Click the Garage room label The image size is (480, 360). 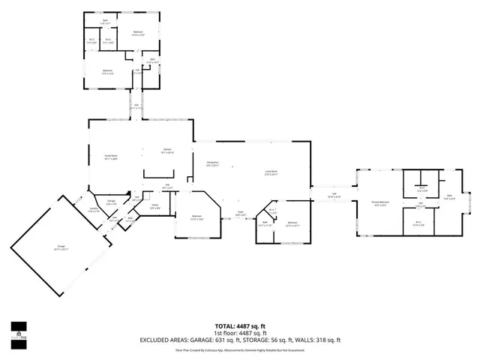[60, 248]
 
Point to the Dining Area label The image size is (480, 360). [212, 163]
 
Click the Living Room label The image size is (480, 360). [271, 173]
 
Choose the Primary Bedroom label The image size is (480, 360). [381, 203]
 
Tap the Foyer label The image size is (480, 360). [241, 213]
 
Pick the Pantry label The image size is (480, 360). [155, 205]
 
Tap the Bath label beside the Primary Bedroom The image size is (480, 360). [450, 196]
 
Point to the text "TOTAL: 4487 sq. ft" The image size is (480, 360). [240, 325]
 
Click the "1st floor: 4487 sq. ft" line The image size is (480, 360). [240, 332]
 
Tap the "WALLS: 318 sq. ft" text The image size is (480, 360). [318, 340]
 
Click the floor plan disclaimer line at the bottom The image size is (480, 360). [240, 349]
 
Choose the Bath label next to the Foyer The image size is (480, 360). [266, 224]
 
